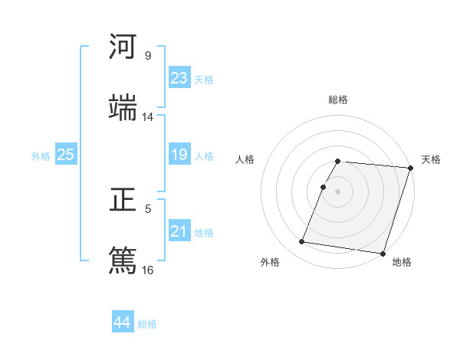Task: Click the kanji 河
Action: coord(123,47)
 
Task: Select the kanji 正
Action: coord(123,201)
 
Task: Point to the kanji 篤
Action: coord(123,259)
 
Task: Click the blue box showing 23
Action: coord(179,78)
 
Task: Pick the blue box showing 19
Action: coord(179,155)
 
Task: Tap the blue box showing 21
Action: coord(179,231)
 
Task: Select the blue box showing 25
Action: coord(66,155)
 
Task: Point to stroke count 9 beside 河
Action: coord(147,56)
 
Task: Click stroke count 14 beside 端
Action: coord(148,116)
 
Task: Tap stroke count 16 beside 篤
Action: coord(148,270)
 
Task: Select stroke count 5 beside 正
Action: coord(148,208)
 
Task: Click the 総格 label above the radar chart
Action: coord(337,100)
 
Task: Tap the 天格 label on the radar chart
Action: coord(431,159)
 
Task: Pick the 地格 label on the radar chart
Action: coord(402,262)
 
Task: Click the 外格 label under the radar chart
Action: coord(270,262)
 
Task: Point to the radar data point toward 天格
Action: coord(410,168)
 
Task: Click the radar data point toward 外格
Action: coord(302,242)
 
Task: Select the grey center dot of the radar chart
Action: coord(337,191)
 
